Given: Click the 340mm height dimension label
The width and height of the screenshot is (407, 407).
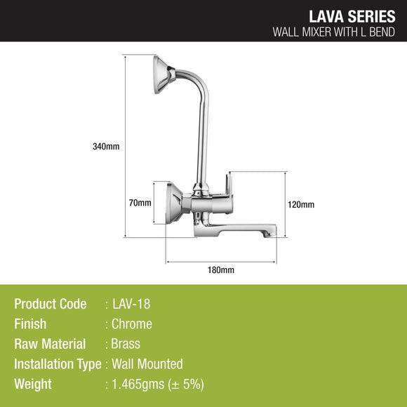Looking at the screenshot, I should pyautogui.click(x=106, y=147).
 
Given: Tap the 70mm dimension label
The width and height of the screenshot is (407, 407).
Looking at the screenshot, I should pyautogui.click(x=140, y=203).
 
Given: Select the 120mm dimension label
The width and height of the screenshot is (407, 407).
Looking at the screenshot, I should pyautogui.click(x=301, y=204).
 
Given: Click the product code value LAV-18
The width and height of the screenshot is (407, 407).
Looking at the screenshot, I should pyautogui.click(x=131, y=304).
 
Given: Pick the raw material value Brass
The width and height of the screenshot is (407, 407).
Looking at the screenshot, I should pyautogui.click(x=126, y=344).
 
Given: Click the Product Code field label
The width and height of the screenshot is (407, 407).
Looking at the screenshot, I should pyautogui.click(x=51, y=304).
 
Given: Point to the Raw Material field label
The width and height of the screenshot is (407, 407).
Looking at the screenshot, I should pyautogui.click(x=50, y=344).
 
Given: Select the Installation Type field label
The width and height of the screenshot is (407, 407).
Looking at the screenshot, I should pyautogui.click(x=58, y=363).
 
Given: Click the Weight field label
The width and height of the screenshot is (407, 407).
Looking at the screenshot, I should pyautogui.click(x=33, y=384).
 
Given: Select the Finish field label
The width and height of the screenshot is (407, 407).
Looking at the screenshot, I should pyautogui.click(x=30, y=324).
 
